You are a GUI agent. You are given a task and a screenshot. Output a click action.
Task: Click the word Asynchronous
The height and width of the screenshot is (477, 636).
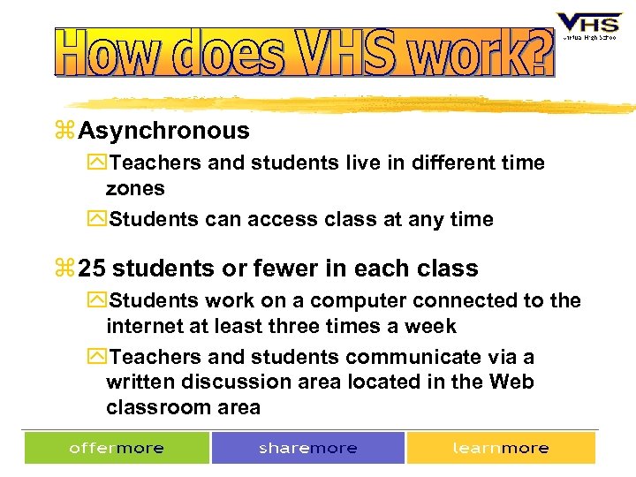coord(164,132)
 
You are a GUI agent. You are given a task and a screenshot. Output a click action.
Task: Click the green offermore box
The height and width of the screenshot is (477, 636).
coord(117,448)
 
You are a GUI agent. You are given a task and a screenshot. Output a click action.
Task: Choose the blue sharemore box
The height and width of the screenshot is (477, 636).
coord(307,448)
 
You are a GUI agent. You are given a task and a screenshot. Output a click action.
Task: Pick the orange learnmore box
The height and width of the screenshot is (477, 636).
coord(500,448)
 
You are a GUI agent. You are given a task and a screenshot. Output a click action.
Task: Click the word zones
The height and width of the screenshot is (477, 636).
coord(135,188)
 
